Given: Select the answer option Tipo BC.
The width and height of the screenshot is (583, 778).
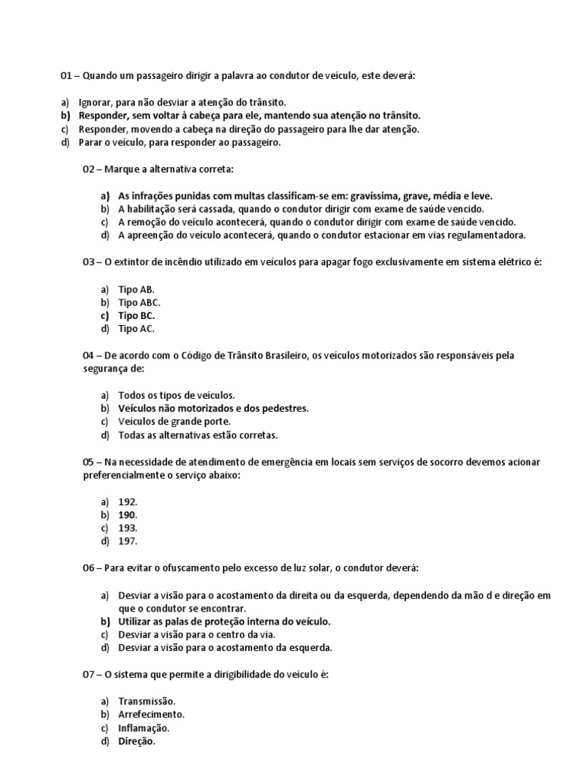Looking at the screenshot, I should tap(137, 315).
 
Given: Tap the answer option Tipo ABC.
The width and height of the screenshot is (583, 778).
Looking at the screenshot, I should tap(140, 302).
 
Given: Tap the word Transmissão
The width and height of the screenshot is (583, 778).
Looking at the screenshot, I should tap(147, 701).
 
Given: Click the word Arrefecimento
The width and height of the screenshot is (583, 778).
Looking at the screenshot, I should tap(151, 715).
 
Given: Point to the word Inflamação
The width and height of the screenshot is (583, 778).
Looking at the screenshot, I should tap(143, 728).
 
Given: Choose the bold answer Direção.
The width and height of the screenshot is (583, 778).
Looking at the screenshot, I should tap(137, 742).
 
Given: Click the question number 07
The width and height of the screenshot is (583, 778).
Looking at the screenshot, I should tap(88, 675).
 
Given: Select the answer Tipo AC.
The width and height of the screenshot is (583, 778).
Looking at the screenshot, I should tap(137, 329).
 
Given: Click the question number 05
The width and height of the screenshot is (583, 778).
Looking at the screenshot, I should tap(88, 462).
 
